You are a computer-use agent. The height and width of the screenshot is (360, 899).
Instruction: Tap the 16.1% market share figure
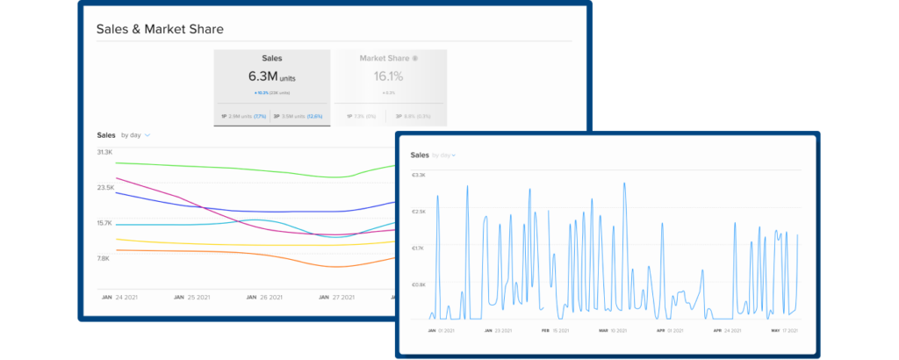tap(390, 76)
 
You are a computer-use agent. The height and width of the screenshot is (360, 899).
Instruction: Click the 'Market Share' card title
tap(386, 58)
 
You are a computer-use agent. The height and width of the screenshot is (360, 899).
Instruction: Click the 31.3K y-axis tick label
tap(104, 153)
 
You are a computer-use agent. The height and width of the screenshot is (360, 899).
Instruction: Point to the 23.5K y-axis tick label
tap(105, 188)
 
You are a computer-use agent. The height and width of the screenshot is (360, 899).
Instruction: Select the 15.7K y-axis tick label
tap(105, 223)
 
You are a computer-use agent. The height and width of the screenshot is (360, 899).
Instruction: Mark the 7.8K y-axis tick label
tap(103, 258)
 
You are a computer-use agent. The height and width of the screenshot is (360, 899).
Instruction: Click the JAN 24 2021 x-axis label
tap(119, 298)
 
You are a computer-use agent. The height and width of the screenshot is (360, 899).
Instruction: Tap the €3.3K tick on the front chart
tap(419, 175)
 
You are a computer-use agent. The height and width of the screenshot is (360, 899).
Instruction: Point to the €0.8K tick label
tap(419, 284)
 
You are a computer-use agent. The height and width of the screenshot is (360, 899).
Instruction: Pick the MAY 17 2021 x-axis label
tap(784, 331)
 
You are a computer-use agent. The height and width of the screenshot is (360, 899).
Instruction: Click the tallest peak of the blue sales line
tap(623, 184)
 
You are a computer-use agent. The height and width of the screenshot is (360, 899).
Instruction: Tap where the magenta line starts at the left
tap(117, 178)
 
